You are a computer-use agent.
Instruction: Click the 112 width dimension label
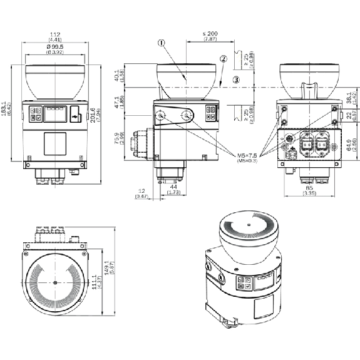pyautogui.click(x=56, y=35)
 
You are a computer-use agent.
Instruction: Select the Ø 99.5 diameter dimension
pyautogui.click(x=56, y=46)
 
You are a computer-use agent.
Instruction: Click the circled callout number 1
pyautogui.click(x=162, y=44)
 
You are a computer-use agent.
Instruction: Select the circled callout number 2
pyautogui.click(x=223, y=59)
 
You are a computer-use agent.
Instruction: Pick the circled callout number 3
pyautogui.click(x=235, y=80)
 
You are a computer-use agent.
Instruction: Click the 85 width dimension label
pyautogui.click(x=309, y=188)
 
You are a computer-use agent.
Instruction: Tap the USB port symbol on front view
pyautogui.click(x=75, y=116)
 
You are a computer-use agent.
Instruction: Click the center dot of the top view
pyautogui.click(x=56, y=284)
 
